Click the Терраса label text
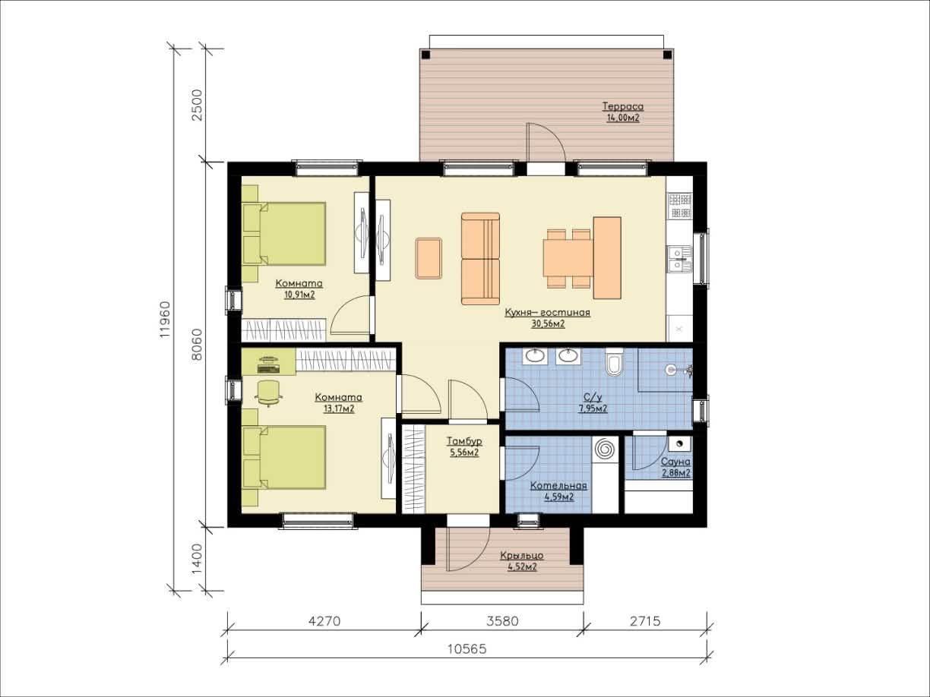point(623,106)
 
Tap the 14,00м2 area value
point(623,118)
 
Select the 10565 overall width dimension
point(467,648)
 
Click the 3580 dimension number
point(502,621)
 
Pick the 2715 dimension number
point(645,621)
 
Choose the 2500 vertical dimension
point(198,105)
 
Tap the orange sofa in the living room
point(480,259)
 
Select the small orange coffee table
point(429,258)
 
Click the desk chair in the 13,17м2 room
point(269,393)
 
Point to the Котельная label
point(559,485)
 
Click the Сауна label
point(675,462)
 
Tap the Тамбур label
point(464,441)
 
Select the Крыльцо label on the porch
point(522,555)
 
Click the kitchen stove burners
point(680,206)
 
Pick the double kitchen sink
point(679,259)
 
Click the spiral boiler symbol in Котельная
point(604,449)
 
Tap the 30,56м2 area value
point(548,324)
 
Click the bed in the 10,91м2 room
point(284,234)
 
